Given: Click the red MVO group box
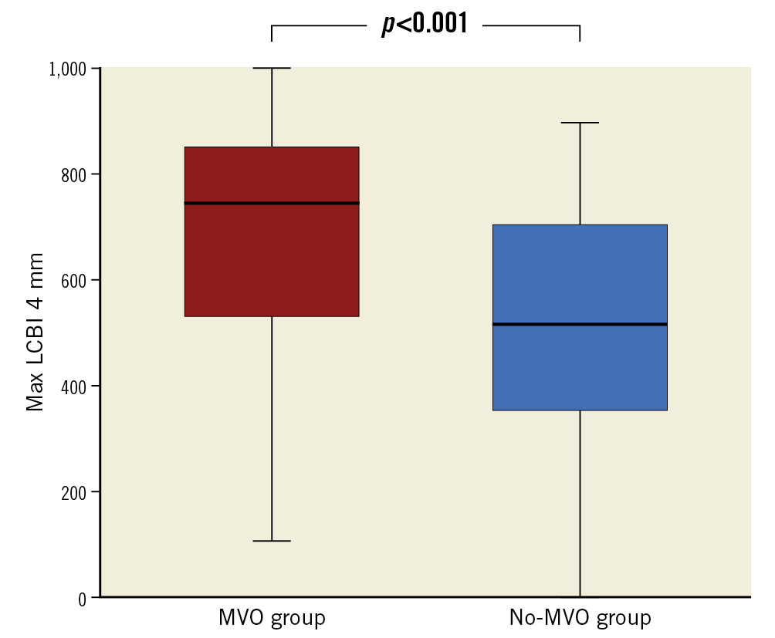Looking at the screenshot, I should click(x=272, y=255).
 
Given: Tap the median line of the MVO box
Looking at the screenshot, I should click(x=272, y=203).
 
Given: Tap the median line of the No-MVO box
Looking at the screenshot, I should click(x=580, y=324).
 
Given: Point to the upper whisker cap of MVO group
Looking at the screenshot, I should click(x=272, y=68).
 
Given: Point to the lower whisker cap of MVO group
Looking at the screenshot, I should click(x=272, y=541).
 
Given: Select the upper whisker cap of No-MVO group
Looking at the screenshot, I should click(x=580, y=123).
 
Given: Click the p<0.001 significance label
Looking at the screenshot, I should click(x=425, y=24).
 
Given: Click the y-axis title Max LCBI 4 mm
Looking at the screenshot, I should click(x=36, y=332).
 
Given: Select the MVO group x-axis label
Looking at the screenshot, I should click(x=272, y=618).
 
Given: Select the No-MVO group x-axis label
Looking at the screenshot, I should click(x=580, y=618).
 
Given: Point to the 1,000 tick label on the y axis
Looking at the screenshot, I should click(x=68, y=69).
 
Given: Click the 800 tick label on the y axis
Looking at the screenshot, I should click(x=75, y=174).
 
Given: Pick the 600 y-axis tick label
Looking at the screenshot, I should click(x=75, y=280).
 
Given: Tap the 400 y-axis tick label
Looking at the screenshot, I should click(x=75, y=386).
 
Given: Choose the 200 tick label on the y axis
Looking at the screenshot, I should click(x=75, y=492).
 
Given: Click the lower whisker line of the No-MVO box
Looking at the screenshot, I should click(x=580, y=501).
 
